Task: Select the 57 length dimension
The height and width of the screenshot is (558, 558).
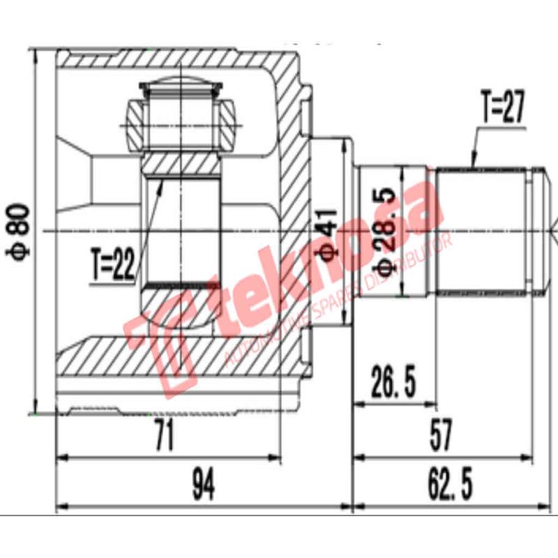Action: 441,435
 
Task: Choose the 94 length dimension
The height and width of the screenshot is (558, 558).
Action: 202,481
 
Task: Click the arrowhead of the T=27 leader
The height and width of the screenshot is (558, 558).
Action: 474,165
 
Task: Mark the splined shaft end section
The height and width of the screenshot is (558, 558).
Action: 481,230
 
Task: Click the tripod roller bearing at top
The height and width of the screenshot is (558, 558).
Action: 180,115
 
